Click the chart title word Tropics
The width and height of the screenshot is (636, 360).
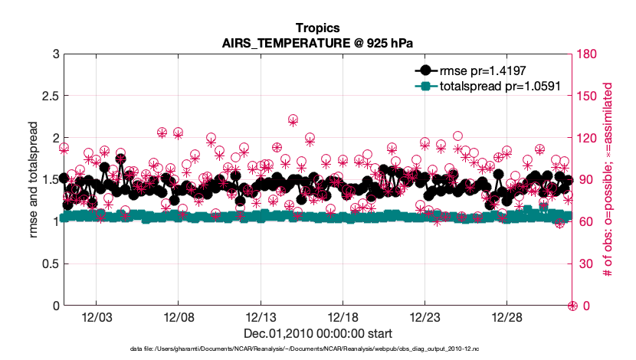click(x=317, y=28)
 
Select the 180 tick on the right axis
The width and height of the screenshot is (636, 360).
click(x=587, y=54)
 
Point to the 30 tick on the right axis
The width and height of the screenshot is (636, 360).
click(x=585, y=263)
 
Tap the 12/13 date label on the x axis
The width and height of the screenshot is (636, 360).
click(x=261, y=317)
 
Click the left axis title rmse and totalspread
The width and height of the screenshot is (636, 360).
click(x=34, y=180)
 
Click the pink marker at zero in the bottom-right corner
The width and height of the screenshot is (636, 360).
click(x=572, y=306)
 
